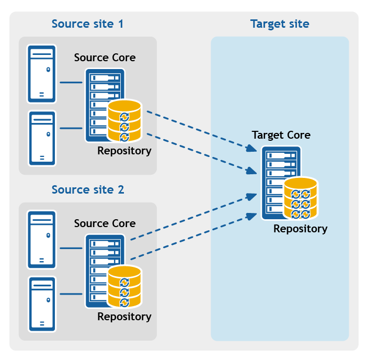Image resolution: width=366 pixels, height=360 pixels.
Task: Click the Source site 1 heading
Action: [x=87, y=24]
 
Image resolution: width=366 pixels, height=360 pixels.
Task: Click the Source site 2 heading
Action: [x=87, y=189]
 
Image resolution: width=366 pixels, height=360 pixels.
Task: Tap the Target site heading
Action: [x=279, y=24]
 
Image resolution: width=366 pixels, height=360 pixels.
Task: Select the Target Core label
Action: [x=281, y=135]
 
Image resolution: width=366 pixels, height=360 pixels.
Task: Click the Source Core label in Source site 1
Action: [x=105, y=58]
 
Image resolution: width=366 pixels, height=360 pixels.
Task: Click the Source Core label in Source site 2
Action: [x=105, y=223]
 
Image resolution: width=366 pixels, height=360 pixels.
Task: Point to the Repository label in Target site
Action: [x=300, y=229]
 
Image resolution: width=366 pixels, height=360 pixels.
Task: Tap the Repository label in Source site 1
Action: [x=124, y=151]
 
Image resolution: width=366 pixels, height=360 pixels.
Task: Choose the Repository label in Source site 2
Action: [x=124, y=317]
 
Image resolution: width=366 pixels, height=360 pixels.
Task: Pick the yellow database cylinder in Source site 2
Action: [x=124, y=287]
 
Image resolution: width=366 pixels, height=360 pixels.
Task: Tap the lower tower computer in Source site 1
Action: [x=42, y=139]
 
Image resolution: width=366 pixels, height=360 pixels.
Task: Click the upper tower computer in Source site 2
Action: [x=42, y=240]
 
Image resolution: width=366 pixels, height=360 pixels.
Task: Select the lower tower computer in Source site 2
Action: [x=42, y=304]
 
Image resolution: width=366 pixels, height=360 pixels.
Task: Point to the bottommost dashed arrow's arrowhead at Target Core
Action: [x=252, y=213]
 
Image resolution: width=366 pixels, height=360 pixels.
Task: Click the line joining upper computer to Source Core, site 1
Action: [x=71, y=82]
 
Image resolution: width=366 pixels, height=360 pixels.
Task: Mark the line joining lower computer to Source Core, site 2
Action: [x=71, y=294]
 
